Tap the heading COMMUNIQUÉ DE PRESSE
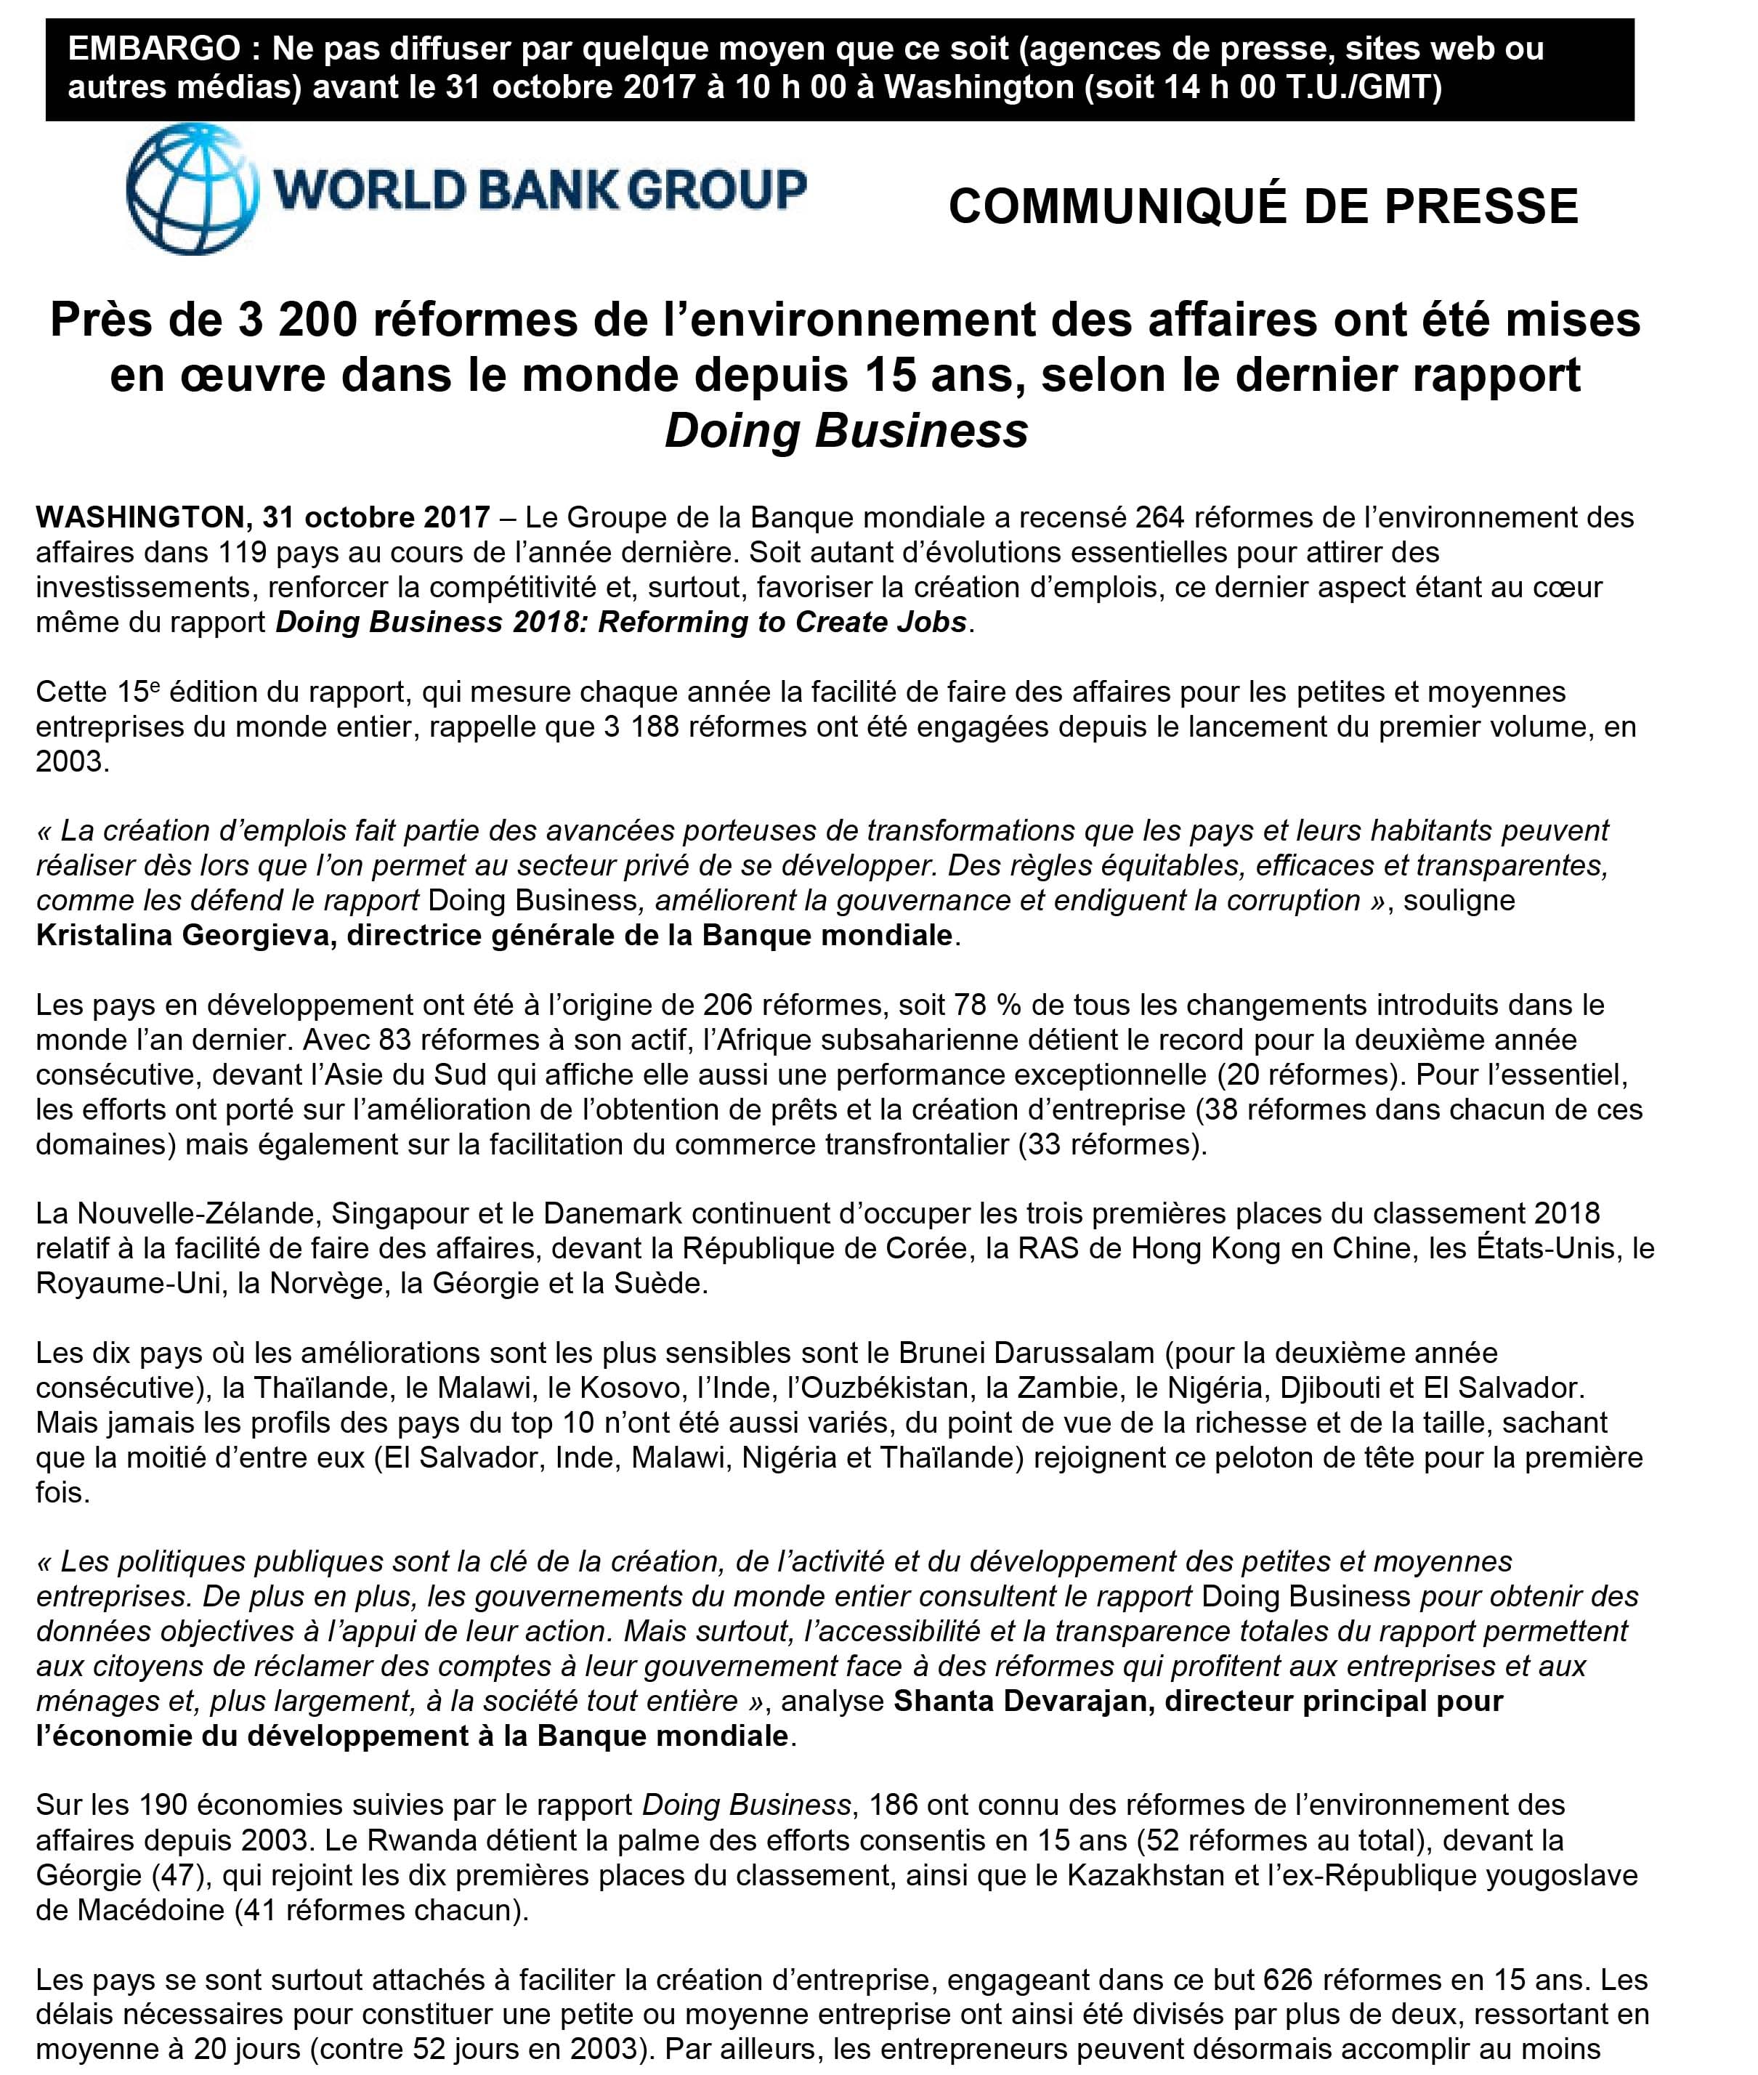[x=1263, y=206]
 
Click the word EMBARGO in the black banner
[x=153, y=48]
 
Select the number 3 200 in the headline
[x=283, y=320]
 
